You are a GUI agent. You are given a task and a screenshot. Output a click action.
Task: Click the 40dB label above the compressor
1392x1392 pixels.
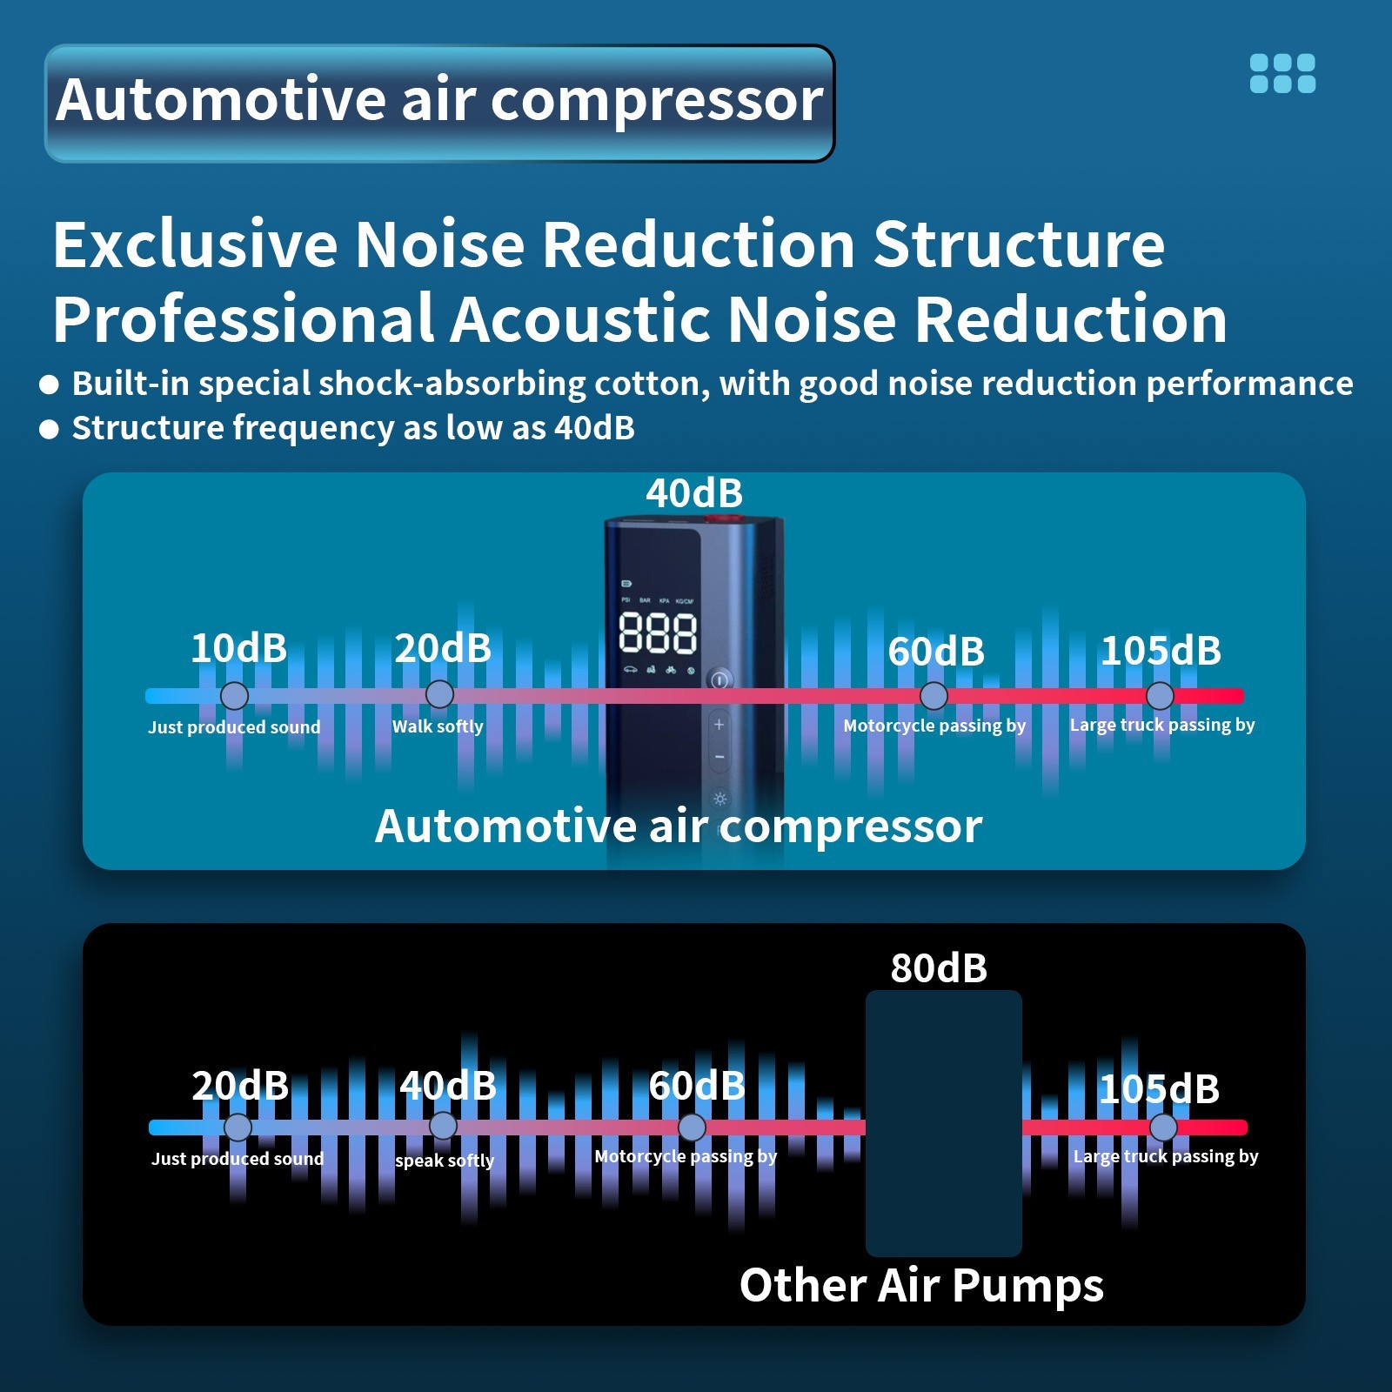point(694,493)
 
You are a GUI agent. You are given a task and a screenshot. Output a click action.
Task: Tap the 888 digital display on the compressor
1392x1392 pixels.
point(658,632)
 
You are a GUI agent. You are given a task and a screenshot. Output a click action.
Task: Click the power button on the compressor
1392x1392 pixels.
point(719,680)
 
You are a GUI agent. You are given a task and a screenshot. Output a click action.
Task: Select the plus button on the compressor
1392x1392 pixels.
point(719,724)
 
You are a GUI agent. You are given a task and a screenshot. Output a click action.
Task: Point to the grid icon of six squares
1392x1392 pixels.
point(1282,73)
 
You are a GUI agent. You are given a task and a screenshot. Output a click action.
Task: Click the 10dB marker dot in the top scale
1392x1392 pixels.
point(234,696)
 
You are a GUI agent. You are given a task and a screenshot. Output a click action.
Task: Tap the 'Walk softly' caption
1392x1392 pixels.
point(438,726)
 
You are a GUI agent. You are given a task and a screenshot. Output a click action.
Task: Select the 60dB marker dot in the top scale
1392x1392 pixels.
point(934,696)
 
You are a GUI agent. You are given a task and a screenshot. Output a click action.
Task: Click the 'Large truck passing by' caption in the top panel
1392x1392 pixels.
point(1162,725)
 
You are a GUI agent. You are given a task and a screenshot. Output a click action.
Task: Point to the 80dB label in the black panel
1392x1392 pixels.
point(939,968)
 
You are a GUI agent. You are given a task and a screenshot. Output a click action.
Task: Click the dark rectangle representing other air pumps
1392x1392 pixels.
point(943,1122)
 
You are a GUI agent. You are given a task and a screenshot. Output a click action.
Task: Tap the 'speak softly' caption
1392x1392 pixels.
point(445,1161)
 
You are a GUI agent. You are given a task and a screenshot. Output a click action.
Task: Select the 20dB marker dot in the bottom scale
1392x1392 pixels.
point(238,1128)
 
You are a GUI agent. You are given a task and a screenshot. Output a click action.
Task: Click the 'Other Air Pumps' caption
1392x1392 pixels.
point(921,1286)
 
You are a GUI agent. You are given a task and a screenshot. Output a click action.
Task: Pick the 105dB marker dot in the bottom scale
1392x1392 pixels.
point(1163,1128)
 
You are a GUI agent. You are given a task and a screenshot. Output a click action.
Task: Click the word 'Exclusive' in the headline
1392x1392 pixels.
point(195,244)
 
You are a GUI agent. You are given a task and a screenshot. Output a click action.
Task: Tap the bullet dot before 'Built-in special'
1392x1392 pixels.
point(50,385)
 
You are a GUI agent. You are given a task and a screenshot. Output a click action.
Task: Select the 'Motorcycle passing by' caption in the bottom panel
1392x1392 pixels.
point(686,1156)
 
